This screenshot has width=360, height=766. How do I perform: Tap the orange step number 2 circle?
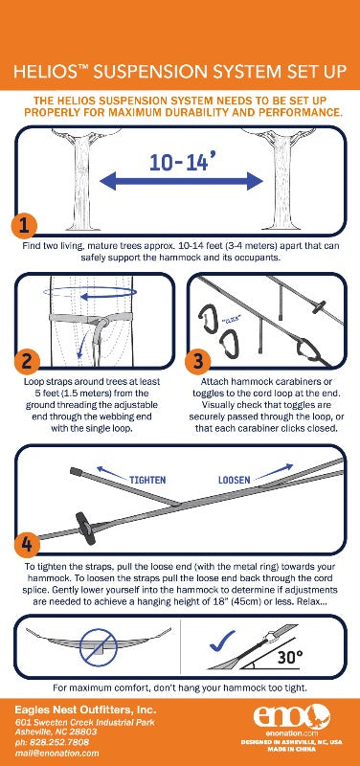[26, 362]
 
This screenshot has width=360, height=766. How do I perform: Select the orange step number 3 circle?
[196, 362]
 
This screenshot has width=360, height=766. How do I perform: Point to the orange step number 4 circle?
[26, 544]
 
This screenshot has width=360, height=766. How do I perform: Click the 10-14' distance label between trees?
[182, 160]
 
